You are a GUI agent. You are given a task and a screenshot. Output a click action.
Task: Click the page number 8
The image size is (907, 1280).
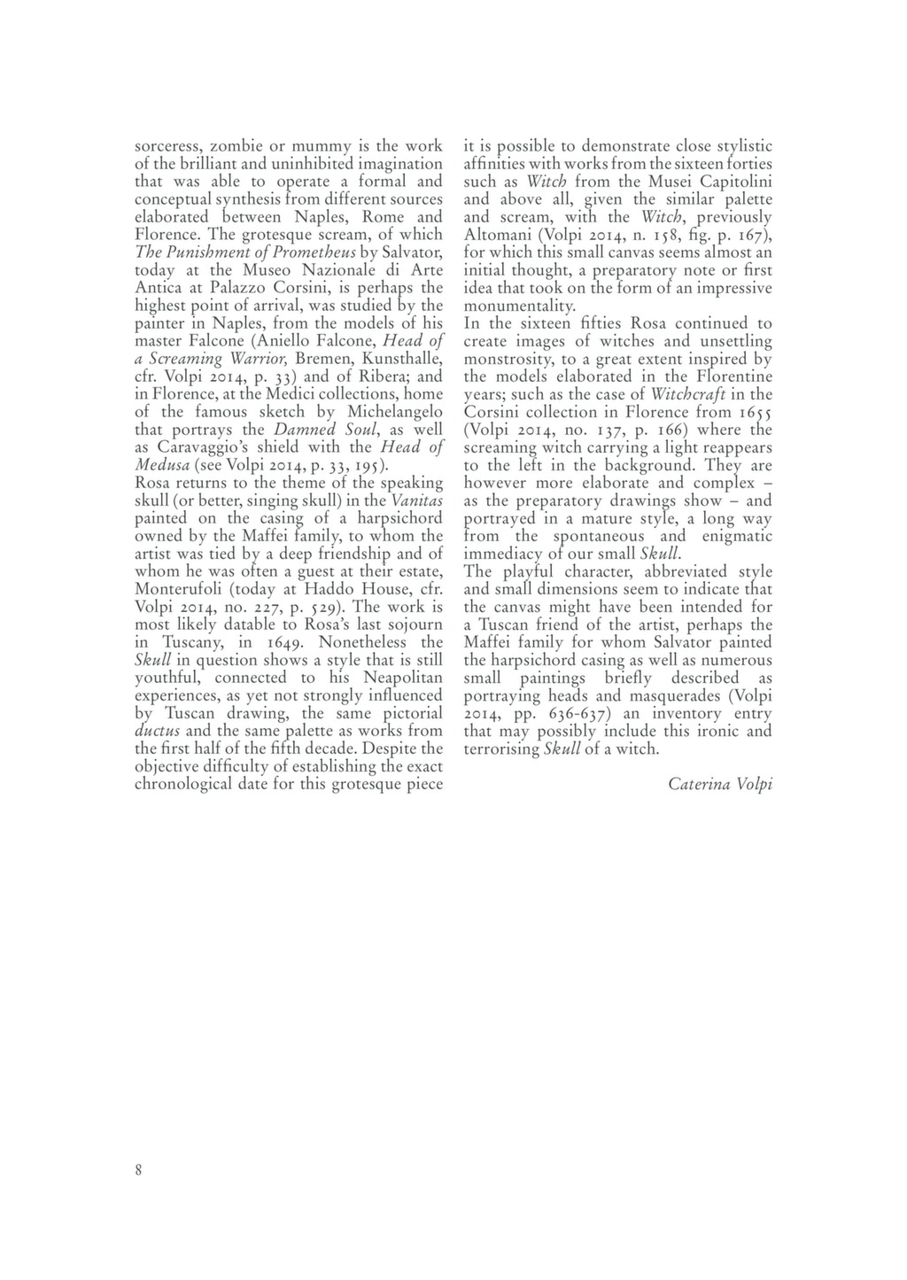pyautogui.click(x=138, y=1169)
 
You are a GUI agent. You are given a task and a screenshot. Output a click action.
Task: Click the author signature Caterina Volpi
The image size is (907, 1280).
pyautogui.click(x=720, y=784)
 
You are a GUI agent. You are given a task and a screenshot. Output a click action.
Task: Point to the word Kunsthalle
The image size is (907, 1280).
pyautogui.click(x=401, y=359)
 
